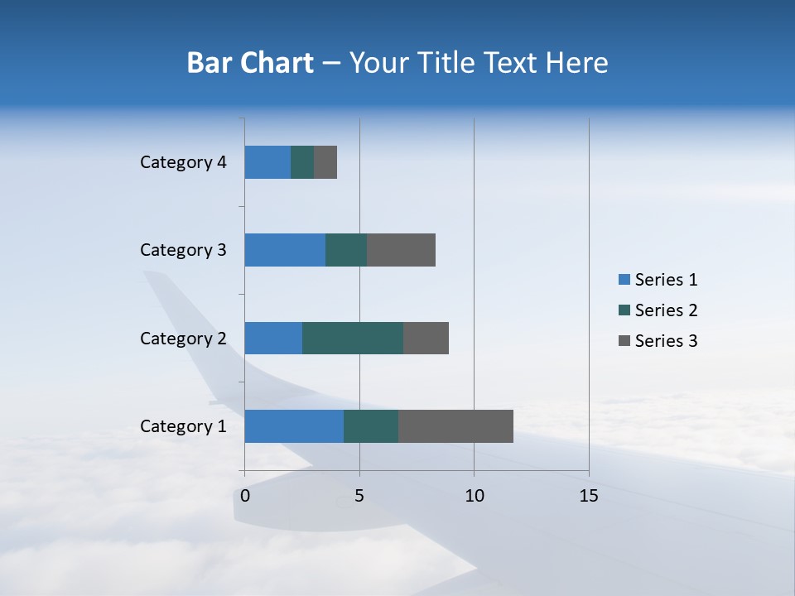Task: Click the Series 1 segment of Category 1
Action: (294, 426)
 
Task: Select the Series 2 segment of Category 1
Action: (371, 426)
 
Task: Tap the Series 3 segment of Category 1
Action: (455, 426)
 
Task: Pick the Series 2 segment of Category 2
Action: (353, 338)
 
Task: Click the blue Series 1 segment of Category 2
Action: (273, 338)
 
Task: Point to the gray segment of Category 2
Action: (426, 338)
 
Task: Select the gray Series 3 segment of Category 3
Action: (401, 250)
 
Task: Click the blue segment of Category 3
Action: (285, 250)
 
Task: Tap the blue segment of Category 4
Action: (267, 162)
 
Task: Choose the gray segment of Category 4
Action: (325, 162)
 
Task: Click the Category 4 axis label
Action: (183, 162)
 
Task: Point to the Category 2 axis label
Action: (183, 338)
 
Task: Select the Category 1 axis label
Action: (183, 426)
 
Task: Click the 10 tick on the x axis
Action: (474, 496)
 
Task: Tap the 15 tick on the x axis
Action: (588, 496)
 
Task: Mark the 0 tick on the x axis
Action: (245, 496)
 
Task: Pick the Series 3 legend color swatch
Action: (624, 341)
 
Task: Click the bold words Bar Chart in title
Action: (250, 63)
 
